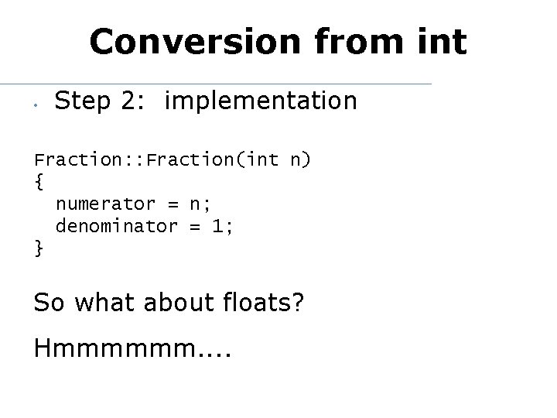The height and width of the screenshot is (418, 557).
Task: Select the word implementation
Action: [x=261, y=101]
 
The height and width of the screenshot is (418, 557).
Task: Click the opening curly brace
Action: [x=39, y=183]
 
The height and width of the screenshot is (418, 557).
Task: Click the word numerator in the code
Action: [x=104, y=204]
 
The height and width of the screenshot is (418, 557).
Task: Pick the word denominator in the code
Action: [x=115, y=226]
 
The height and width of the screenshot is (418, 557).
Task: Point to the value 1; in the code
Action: [x=223, y=226]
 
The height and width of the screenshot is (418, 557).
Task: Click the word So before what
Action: [x=49, y=301]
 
